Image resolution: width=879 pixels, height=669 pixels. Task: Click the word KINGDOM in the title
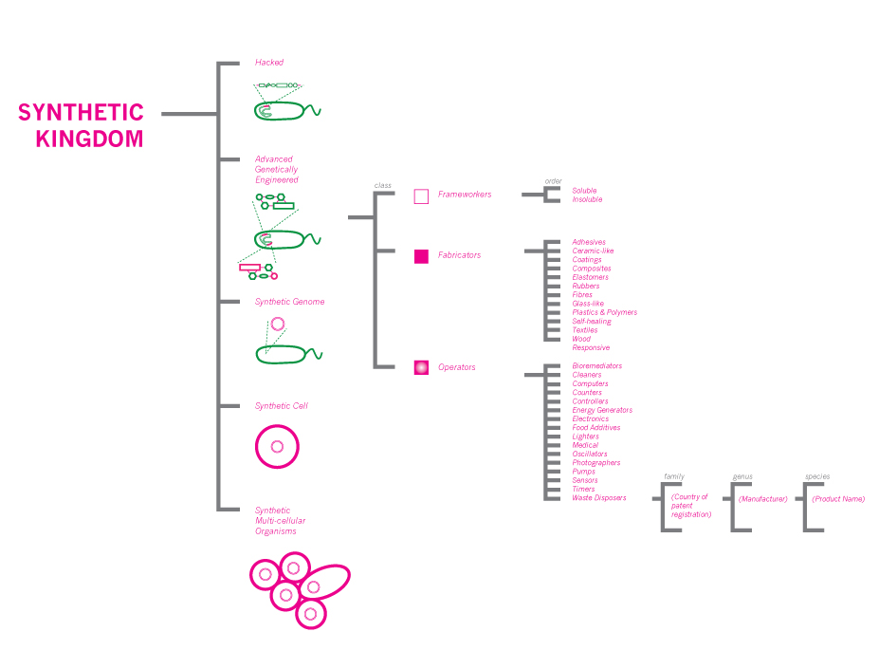coord(89,139)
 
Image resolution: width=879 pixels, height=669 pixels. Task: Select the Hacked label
coord(269,63)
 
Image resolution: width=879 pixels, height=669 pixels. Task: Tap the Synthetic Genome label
coord(289,302)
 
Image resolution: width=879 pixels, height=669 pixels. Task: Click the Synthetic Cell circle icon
coord(277,446)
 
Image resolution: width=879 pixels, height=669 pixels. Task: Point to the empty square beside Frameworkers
coord(421,196)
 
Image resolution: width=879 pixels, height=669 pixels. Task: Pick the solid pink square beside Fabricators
coord(421,255)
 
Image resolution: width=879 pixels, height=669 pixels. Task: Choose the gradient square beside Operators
coord(421,367)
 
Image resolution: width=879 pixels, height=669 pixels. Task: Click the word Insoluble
coord(587,199)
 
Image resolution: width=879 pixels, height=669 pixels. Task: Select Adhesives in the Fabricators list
coord(589,242)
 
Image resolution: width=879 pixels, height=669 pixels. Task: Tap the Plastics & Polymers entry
coord(604,312)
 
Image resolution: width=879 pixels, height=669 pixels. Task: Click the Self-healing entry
coord(592,321)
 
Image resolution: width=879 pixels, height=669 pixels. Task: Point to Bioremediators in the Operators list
coord(596,365)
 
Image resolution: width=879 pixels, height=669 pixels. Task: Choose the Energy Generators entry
coord(602,410)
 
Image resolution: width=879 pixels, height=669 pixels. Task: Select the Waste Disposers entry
coord(598,497)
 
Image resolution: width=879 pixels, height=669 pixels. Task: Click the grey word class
coord(383,185)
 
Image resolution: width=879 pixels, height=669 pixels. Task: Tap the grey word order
coord(553,181)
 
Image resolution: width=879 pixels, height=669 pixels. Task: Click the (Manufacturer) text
coord(762,498)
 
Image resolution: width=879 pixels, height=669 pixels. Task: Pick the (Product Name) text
coord(838,498)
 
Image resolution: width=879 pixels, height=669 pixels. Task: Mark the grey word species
coord(817,476)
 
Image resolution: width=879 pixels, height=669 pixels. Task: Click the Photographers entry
coord(596,462)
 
